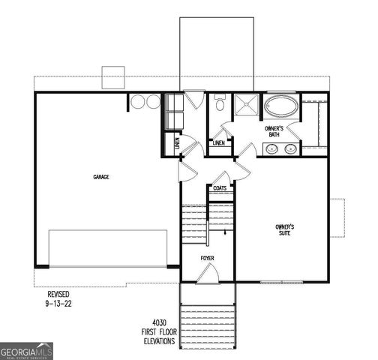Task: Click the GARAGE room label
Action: click(x=101, y=177)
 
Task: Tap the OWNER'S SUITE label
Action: click(x=284, y=229)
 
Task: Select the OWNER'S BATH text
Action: click(x=273, y=131)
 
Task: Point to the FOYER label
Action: click(x=207, y=258)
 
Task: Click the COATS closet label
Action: click(x=220, y=188)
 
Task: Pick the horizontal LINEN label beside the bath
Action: click(x=219, y=142)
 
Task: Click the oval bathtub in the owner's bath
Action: click(x=280, y=105)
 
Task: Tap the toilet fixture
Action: click(x=219, y=104)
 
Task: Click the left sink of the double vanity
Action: click(x=271, y=149)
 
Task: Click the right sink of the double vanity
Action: click(x=289, y=149)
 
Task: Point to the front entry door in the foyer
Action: click(x=208, y=276)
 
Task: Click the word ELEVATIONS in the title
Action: click(x=157, y=340)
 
